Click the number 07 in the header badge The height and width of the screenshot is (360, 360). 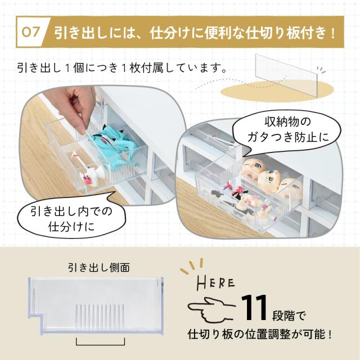point(30,32)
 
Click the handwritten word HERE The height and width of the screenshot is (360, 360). point(216,283)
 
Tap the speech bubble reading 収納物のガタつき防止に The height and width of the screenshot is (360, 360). point(287,131)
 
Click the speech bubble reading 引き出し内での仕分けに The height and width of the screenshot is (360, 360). point(71,218)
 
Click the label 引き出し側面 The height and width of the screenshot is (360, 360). point(99,268)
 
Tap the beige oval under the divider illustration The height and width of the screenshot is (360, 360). point(277,91)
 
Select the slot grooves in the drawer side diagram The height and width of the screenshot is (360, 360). point(100,318)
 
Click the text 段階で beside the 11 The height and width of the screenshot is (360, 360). point(289,316)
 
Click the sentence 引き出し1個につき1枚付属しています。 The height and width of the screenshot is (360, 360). point(122,68)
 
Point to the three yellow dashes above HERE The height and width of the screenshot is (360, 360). point(192,266)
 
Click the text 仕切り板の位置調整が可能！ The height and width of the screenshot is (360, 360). point(260,334)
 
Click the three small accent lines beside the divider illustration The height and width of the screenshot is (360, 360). point(322,70)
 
